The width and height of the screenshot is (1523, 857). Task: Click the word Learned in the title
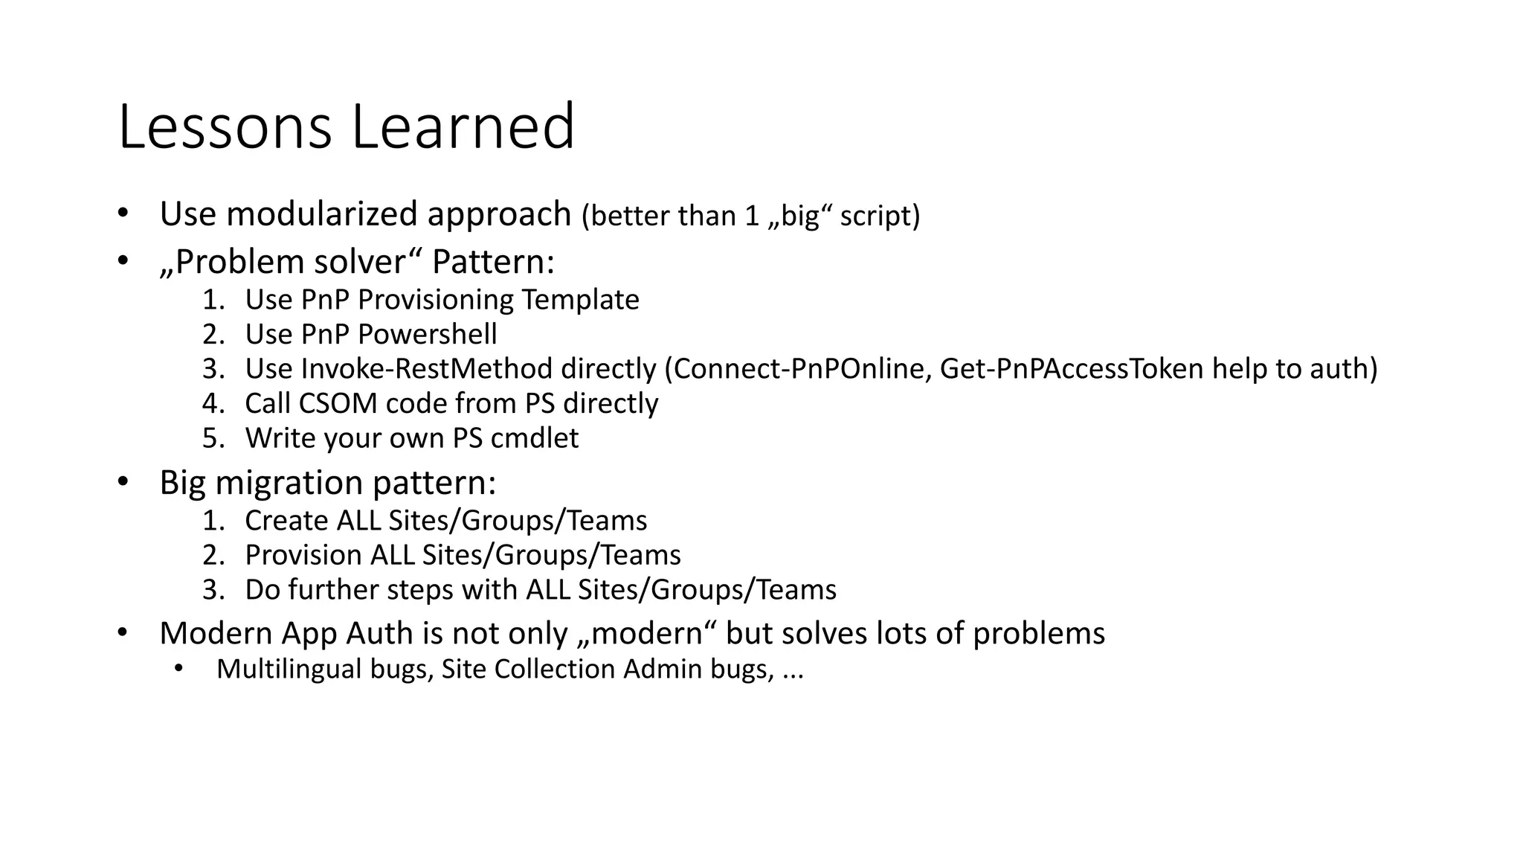pos(463,127)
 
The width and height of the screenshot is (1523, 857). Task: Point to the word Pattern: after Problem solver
pos(493,262)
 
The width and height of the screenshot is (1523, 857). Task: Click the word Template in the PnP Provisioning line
pos(580,300)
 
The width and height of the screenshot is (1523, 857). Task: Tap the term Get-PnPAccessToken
pos(1072,369)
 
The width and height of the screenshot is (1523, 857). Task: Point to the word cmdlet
pos(535,438)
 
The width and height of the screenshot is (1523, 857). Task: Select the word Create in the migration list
pos(286,521)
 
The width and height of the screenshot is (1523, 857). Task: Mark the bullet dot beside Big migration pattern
pos(123,482)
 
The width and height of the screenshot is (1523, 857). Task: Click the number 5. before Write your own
pos(213,438)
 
